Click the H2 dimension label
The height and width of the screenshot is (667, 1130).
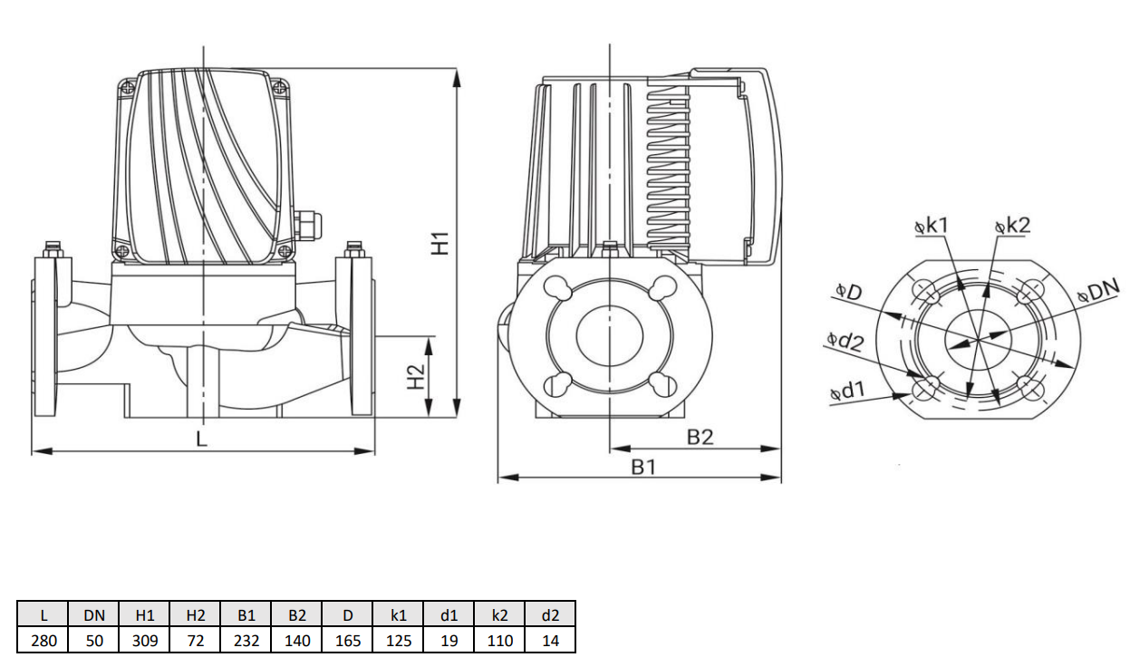tap(415, 377)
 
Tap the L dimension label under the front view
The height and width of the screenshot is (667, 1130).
tap(202, 439)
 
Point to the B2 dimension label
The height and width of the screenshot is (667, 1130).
tap(699, 437)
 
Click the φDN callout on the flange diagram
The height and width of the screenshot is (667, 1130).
tap(1099, 291)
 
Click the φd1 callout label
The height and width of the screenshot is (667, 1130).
tap(847, 391)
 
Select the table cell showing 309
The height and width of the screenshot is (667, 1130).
tap(145, 641)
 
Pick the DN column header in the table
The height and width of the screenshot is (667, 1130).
tap(94, 615)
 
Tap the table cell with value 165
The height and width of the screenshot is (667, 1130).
tap(348, 641)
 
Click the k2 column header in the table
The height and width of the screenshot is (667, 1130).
tap(499, 615)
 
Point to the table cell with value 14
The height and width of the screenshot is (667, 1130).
tap(550, 641)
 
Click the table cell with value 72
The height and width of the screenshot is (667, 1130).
tap(196, 641)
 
